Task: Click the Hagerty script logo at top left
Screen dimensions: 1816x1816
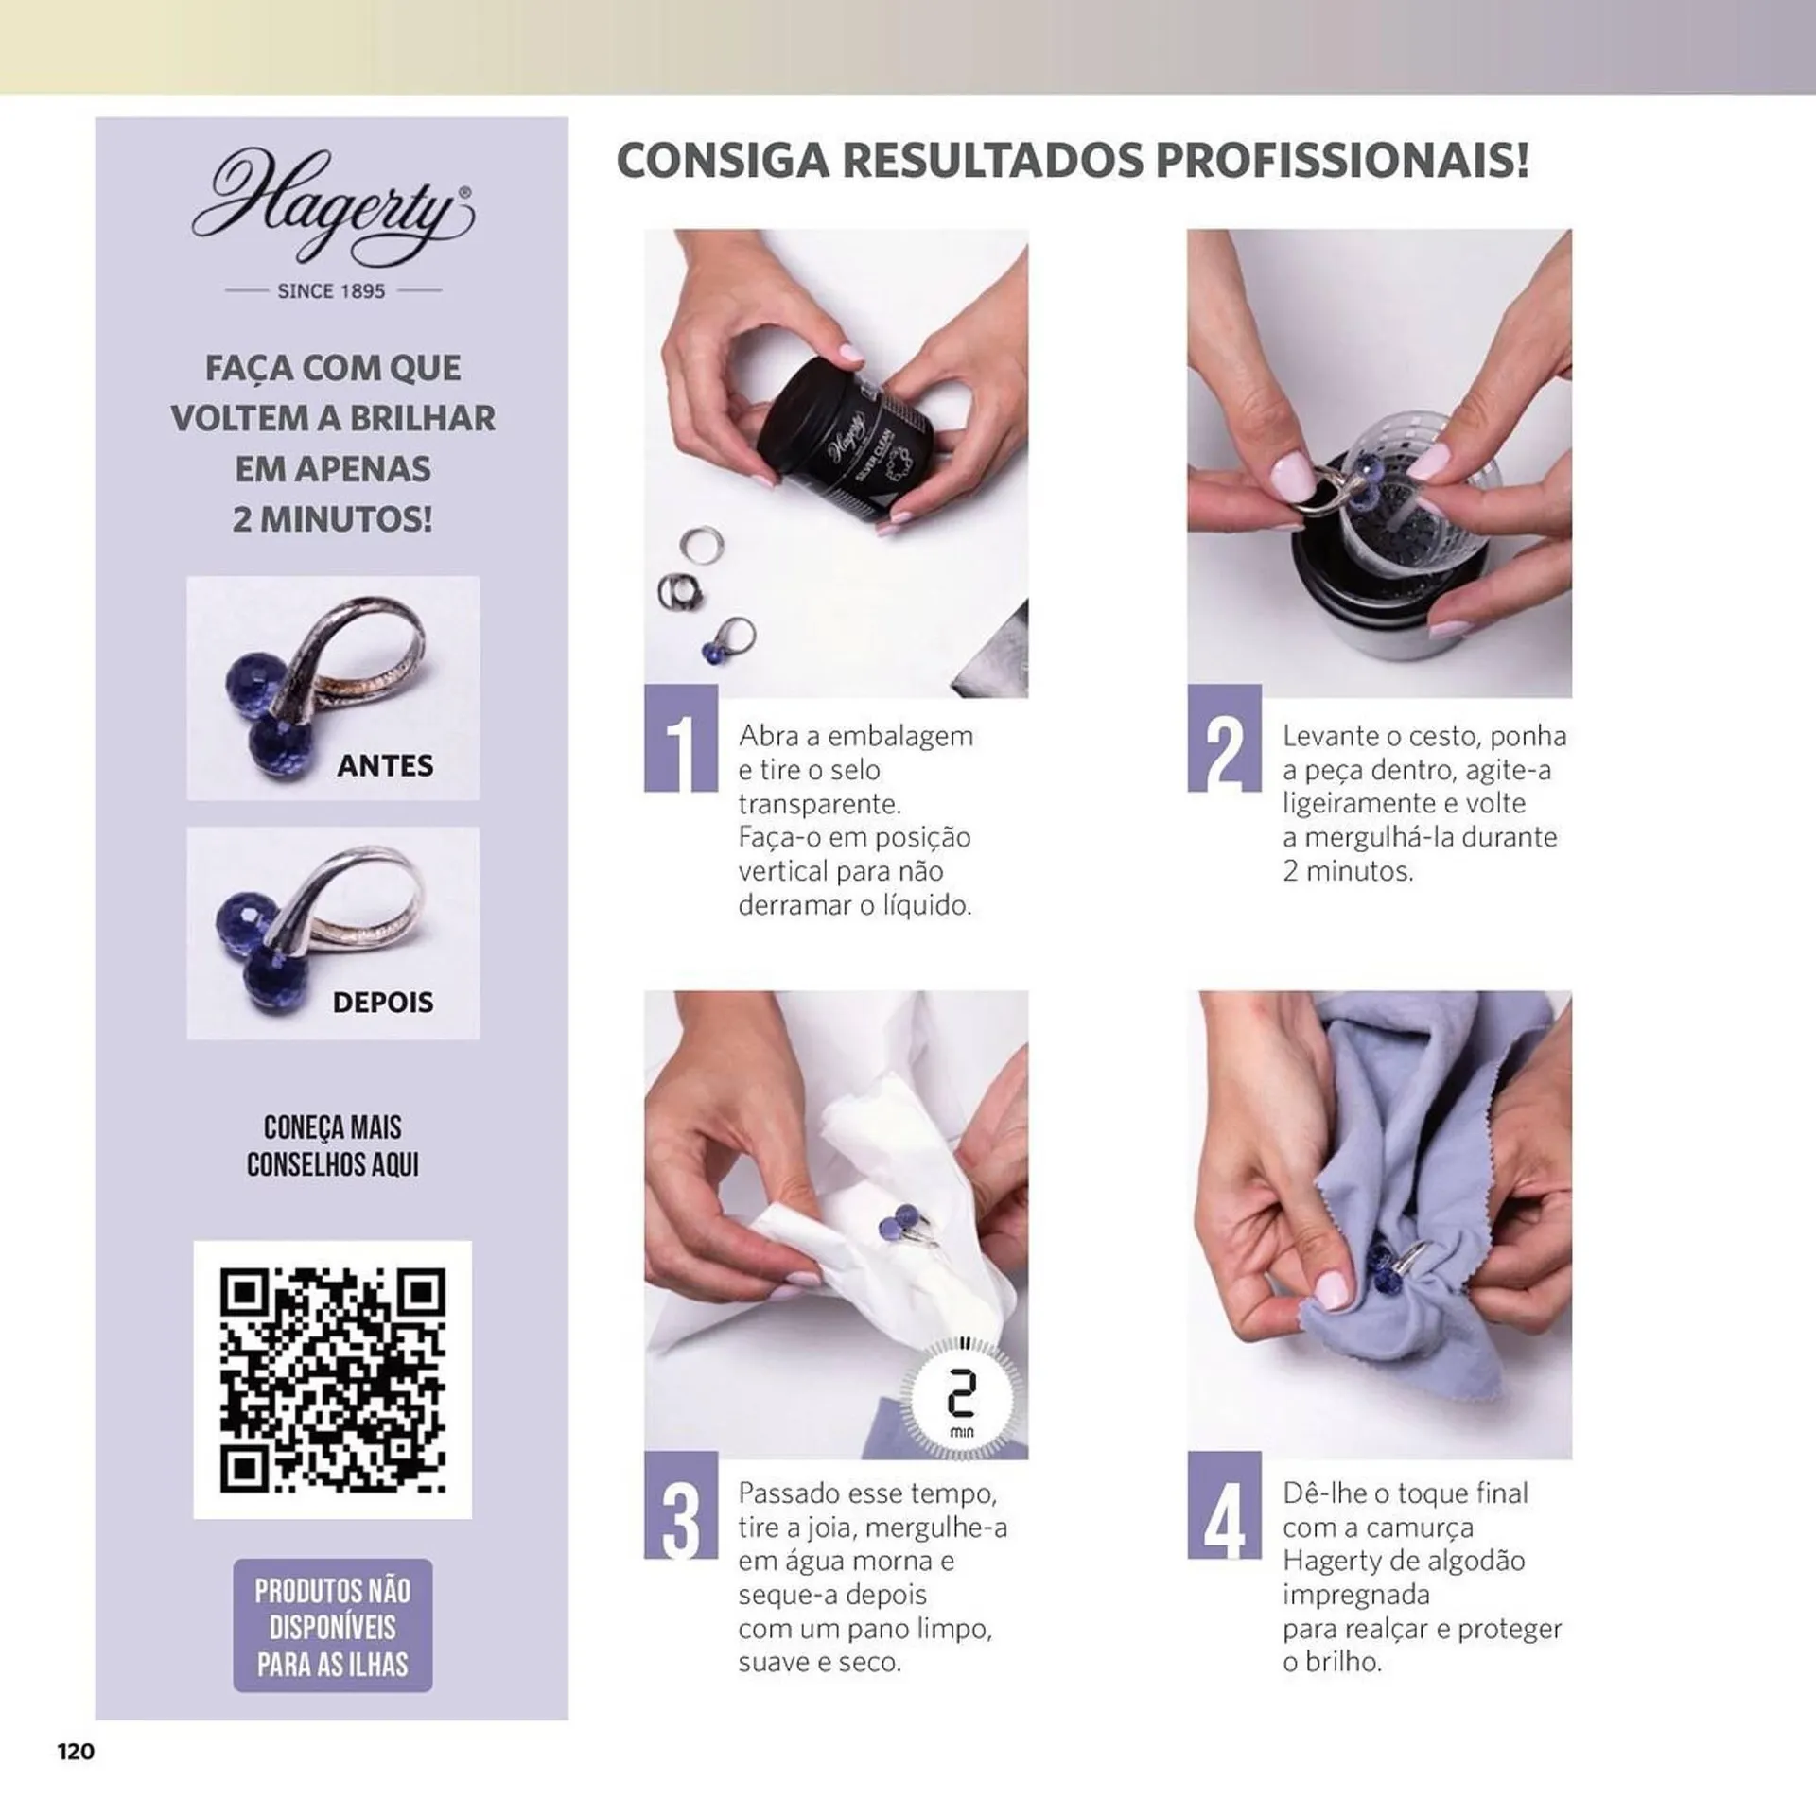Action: pos(332,208)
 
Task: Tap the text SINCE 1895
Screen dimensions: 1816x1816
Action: pos(331,291)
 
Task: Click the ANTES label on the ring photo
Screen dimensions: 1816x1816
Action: pos(385,765)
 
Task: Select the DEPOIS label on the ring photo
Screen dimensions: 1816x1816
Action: pos(383,1002)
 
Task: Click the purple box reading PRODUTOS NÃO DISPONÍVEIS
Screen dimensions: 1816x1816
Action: pos(333,1627)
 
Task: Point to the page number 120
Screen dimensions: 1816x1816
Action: pos(77,1752)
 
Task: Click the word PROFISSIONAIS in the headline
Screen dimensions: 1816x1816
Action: pos(1342,161)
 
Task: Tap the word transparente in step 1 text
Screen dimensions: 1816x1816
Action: pos(819,805)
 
